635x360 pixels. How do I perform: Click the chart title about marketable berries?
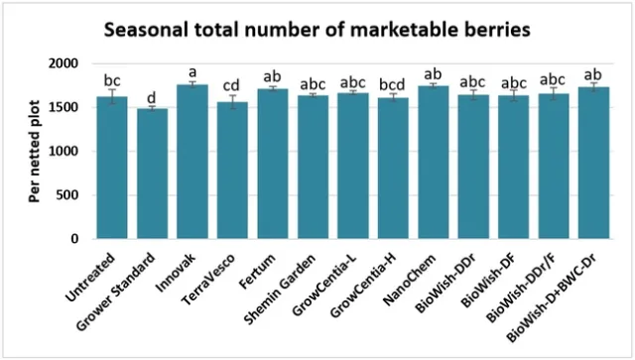(317, 30)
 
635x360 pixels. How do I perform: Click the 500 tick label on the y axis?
(66, 195)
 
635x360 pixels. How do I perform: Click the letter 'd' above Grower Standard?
(152, 97)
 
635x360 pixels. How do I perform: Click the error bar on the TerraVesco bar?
(232, 101)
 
